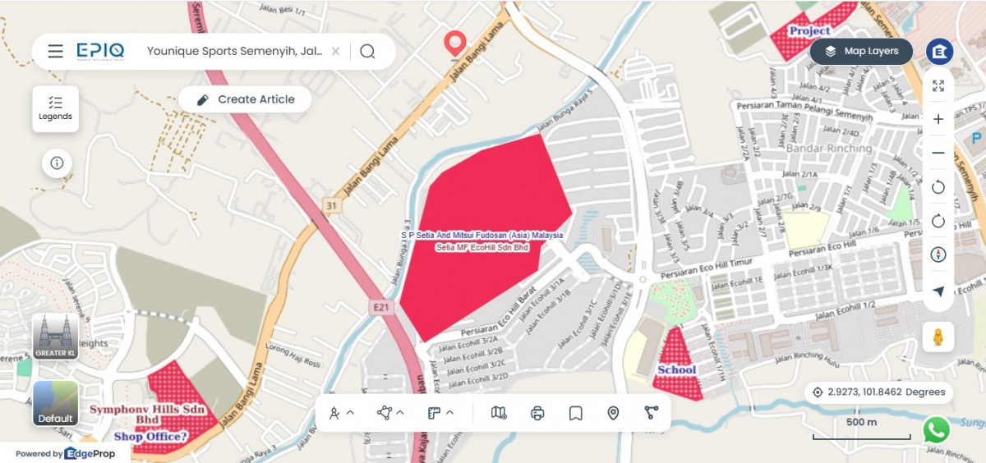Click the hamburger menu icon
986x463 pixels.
click(55, 51)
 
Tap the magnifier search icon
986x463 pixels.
click(367, 51)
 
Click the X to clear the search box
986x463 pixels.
click(335, 51)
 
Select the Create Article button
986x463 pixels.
click(246, 99)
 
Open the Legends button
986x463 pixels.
click(56, 108)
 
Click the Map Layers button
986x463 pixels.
click(861, 51)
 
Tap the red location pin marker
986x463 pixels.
click(454, 44)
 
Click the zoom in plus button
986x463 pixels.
click(938, 119)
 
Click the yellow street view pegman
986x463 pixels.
click(938, 336)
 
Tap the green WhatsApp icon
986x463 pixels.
click(936, 429)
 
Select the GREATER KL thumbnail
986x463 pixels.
click(55, 337)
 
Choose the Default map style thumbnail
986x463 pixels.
click(55, 403)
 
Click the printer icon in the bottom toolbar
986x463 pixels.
click(537, 413)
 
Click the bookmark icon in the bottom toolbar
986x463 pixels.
click(575, 413)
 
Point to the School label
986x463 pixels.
click(676, 369)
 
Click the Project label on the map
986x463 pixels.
click(809, 31)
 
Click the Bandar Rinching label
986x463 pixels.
click(829, 149)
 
